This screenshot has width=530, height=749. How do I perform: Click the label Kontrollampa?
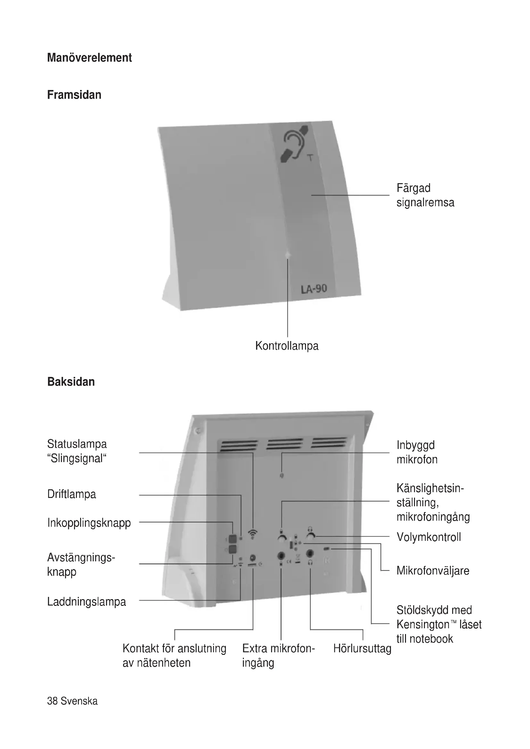pyautogui.click(x=286, y=346)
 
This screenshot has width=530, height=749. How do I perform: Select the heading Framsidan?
pyautogui.click(x=74, y=95)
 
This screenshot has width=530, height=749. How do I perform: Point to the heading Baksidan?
pyautogui.click(x=71, y=382)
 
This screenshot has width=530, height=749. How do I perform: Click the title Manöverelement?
pyautogui.click(x=89, y=58)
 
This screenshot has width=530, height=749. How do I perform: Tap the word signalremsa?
pyautogui.click(x=425, y=203)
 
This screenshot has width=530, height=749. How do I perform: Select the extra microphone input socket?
pyautogui.click(x=281, y=555)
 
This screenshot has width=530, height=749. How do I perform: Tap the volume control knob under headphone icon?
pyautogui.click(x=311, y=537)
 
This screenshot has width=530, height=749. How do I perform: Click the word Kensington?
pyautogui.click(x=423, y=624)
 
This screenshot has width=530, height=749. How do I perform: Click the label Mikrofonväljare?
pyautogui.click(x=433, y=571)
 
